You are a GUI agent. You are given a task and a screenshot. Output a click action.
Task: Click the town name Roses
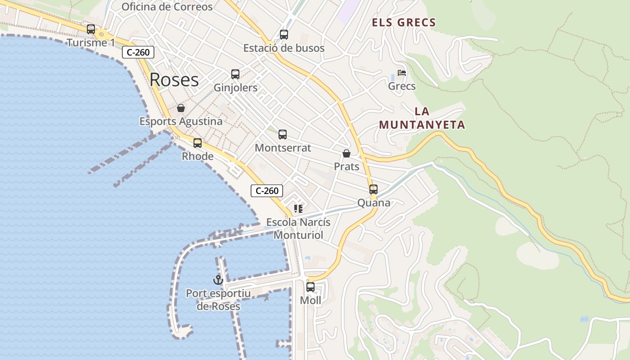coord(174,80)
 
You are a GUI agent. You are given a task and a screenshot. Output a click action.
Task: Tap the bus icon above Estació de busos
coord(283,35)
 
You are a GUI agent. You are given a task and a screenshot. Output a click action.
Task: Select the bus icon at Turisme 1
coord(91,29)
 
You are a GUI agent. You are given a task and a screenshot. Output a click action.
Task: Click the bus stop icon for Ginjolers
coord(235,74)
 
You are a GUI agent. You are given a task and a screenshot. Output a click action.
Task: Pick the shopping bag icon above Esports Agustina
coord(180,108)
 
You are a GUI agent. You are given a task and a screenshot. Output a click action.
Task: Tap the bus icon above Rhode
coord(197,143)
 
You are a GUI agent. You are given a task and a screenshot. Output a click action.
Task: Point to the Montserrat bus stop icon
coord(283,134)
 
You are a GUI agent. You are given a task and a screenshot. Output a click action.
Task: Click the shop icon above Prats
coord(346,153)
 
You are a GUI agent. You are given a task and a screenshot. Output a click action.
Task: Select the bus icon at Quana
coord(373,189)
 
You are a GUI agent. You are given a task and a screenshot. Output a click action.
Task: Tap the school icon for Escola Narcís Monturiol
coord(298,209)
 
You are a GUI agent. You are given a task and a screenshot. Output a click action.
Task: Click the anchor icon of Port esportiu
coord(218,280)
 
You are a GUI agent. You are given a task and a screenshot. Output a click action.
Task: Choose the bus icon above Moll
coord(310,287)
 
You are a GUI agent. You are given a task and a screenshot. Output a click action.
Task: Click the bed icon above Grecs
coord(402,73)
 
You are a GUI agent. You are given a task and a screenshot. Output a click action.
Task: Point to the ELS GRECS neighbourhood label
coord(404,22)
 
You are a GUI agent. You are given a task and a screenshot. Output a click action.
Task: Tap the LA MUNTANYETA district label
coord(422,118)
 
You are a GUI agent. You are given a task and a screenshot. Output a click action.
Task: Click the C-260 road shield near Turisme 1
coord(138,52)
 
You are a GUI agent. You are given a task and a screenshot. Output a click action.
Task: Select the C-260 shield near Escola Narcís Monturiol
coord(267,191)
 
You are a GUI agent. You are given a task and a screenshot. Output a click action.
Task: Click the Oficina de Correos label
coord(167,7)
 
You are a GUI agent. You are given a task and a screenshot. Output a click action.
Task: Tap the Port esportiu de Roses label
coord(218,300)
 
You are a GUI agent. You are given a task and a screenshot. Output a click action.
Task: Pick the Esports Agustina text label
coord(181,121)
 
